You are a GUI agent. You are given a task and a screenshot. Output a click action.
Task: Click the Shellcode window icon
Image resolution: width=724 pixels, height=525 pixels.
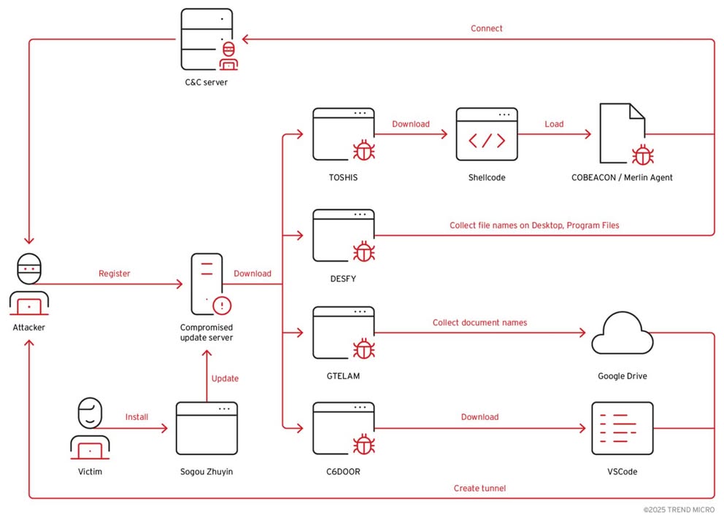[x=487, y=135]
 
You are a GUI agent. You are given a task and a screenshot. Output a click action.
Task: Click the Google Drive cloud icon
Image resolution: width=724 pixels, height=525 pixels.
[x=621, y=333]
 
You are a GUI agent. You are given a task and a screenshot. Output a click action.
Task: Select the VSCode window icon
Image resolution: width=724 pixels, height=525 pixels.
[x=621, y=429]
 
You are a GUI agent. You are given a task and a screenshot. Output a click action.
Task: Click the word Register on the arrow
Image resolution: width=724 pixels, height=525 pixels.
[x=114, y=273]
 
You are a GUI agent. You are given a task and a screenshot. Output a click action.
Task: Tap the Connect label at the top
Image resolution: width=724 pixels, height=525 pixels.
[x=486, y=28]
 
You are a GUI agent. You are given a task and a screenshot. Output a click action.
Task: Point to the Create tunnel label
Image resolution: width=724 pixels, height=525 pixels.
[x=479, y=488]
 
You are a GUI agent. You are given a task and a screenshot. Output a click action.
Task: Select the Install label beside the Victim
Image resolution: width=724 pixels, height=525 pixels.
[x=136, y=417]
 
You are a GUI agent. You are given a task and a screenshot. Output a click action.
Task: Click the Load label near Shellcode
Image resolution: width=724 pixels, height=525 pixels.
[x=554, y=124]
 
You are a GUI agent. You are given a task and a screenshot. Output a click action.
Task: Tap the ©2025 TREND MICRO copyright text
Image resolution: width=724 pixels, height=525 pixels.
[x=679, y=510]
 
